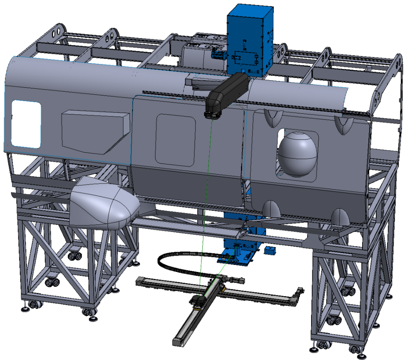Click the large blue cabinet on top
coord(249,39)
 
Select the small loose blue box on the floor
coord(270,250)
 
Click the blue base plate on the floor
coord(235,257)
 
